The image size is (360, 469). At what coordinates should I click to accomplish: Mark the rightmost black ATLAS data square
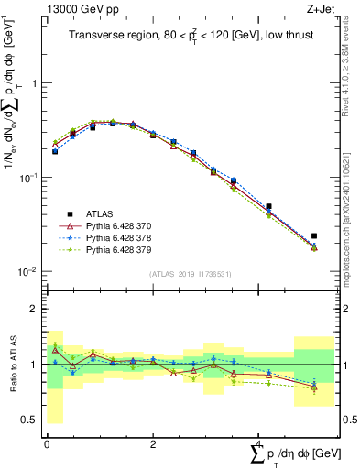(314, 236)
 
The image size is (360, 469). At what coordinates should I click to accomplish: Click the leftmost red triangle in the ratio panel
(55, 350)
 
